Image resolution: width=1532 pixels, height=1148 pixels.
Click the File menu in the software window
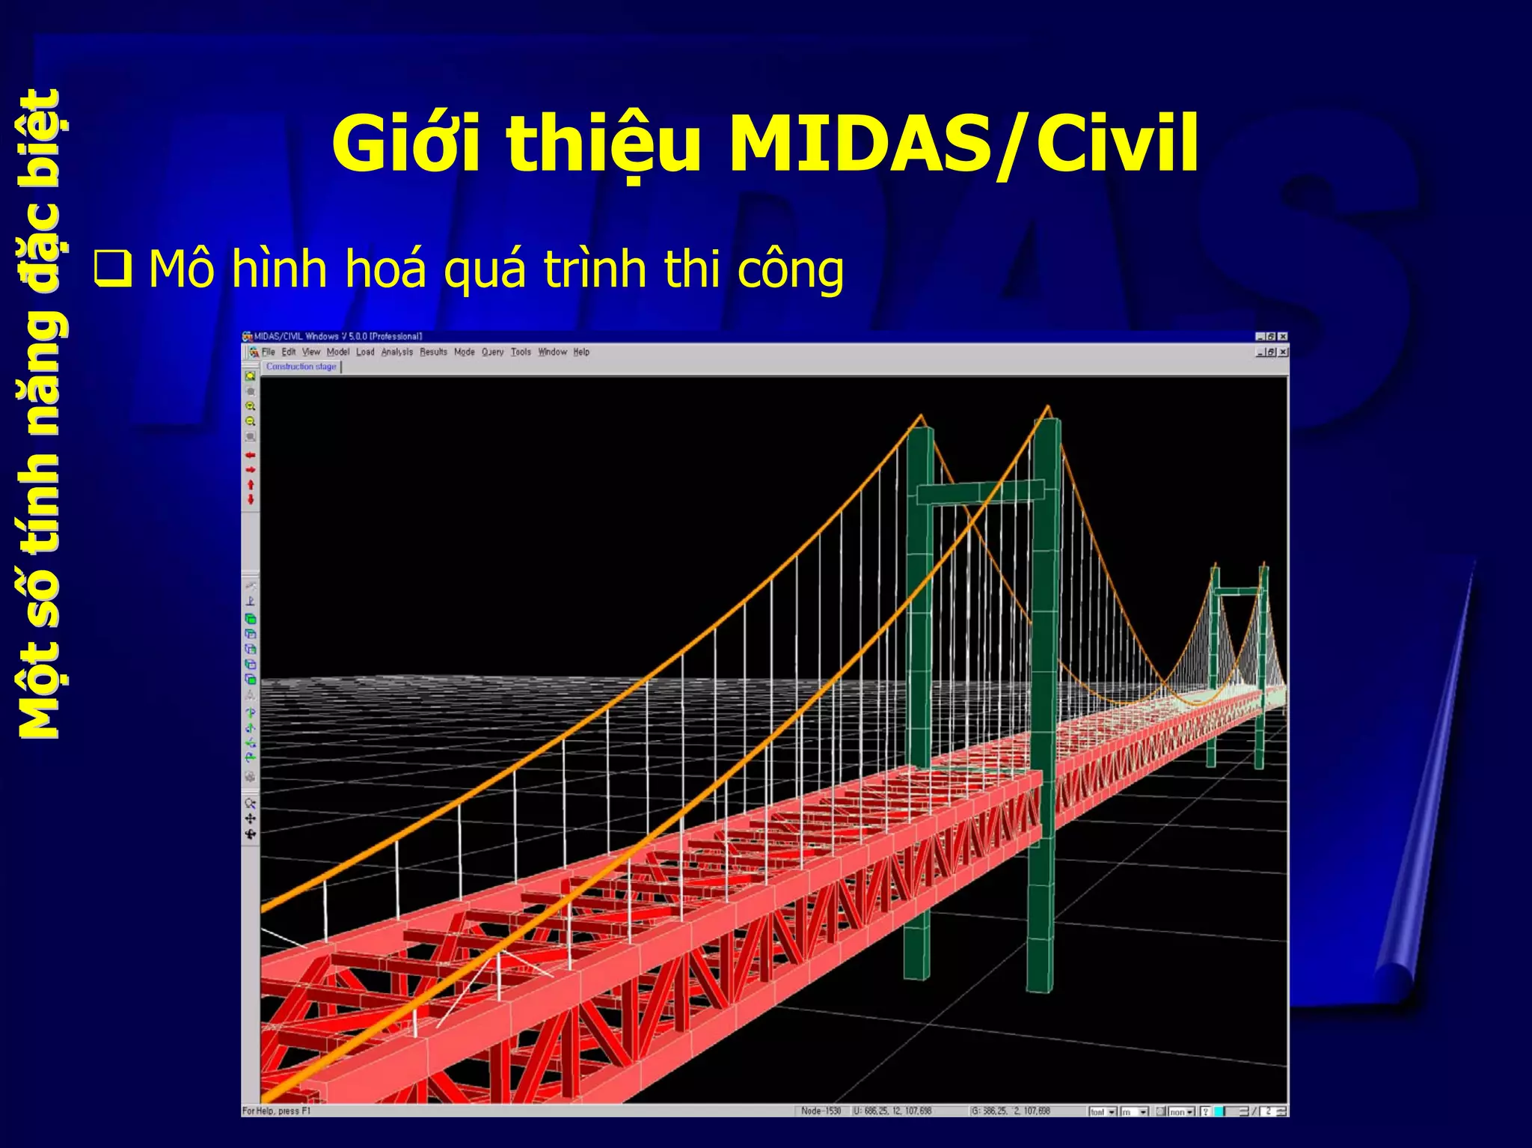268,352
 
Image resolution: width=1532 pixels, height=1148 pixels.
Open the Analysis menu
396,352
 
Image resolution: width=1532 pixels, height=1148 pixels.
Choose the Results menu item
433,352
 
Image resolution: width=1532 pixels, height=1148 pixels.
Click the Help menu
581,352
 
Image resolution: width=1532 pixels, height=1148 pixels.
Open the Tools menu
521,352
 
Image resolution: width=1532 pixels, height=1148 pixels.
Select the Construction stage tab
301,367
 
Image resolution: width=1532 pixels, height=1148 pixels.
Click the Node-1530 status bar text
821,1111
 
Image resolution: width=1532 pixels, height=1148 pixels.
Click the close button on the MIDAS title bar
1283,337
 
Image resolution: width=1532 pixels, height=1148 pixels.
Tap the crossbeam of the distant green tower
1238,591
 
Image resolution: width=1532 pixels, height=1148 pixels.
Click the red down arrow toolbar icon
251,500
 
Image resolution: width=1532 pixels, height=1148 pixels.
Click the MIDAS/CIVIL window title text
337,337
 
